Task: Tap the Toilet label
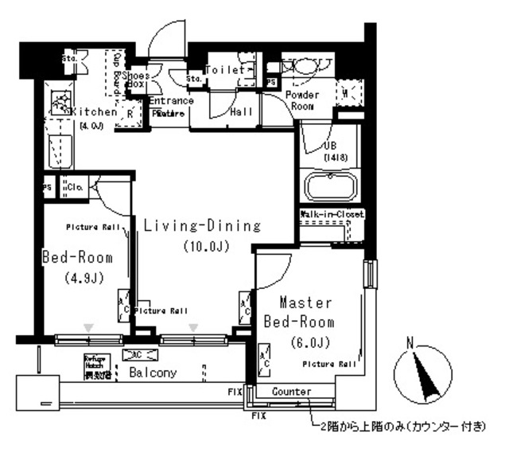(x=225, y=70)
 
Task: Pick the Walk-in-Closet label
(x=332, y=215)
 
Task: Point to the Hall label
(x=241, y=112)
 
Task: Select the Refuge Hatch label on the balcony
(x=95, y=366)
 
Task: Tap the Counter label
(x=290, y=392)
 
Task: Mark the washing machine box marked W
(x=347, y=93)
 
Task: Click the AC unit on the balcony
(x=134, y=355)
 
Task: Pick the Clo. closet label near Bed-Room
(x=76, y=187)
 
